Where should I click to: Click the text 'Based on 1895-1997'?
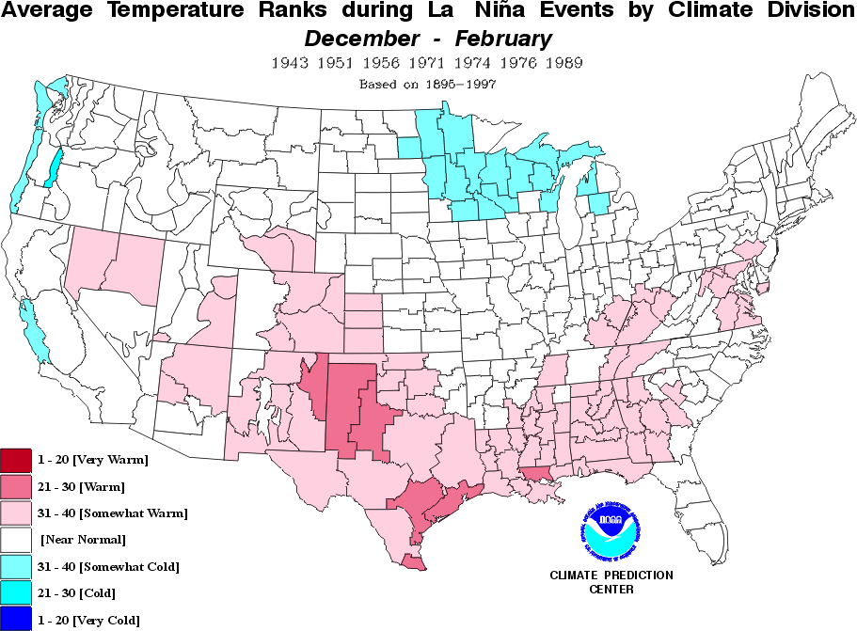click(428, 84)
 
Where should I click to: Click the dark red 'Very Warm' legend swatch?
click(16, 460)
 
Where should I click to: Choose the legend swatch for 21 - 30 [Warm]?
click(16, 486)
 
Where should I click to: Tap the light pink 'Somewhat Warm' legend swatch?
click(16, 513)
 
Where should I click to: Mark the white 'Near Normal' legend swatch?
click(16, 539)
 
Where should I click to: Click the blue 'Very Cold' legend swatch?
click(16, 619)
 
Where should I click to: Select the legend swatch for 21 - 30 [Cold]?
click(16, 592)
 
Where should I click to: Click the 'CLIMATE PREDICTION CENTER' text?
click(611, 582)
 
